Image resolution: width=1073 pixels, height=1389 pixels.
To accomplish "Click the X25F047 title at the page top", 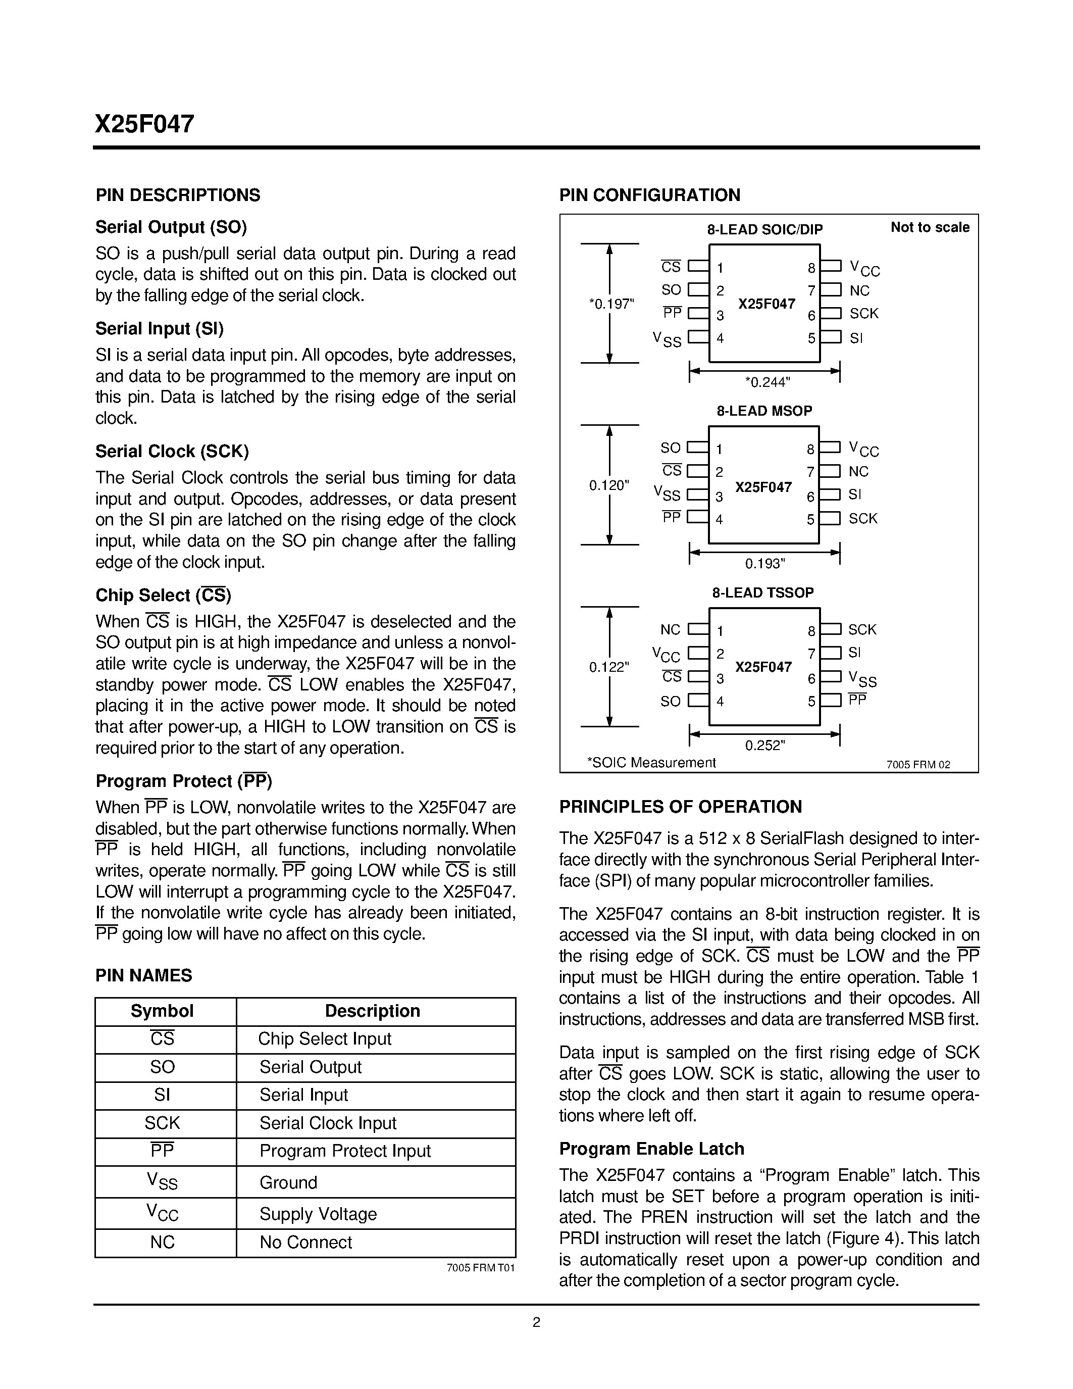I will click(x=145, y=124).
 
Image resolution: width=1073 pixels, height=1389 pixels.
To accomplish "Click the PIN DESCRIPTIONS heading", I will click(x=178, y=195).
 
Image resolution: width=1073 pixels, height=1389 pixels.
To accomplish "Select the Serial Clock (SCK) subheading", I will click(x=172, y=452).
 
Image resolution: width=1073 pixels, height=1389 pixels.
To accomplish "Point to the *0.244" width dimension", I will click(x=767, y=382).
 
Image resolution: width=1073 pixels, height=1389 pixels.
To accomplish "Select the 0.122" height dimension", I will click(x=609, y=667).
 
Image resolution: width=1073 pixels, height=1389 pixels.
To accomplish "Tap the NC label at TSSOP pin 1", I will click(x=670, y=630).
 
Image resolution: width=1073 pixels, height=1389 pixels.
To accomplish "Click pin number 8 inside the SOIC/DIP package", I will click(x=811, y=268).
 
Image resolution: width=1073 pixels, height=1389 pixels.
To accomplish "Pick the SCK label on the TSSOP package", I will click(x=862, y=630).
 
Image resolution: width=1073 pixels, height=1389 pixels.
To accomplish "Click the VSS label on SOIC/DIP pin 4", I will click(x=667, y=339).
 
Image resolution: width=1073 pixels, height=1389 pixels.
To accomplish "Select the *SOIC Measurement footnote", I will click(x=651, y=763).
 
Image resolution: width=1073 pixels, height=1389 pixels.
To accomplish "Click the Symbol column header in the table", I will click(x=162, y=1011).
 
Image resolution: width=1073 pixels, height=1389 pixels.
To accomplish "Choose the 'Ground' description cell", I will click(x=288, y=1183).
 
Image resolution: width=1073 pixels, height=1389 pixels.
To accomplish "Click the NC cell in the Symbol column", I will click(x=162, y=1243).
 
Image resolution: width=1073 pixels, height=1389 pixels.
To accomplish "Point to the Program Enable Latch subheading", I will click(x=651, y=1149).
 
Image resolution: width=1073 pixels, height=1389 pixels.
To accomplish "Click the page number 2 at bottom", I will click(x=536, y=1323).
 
